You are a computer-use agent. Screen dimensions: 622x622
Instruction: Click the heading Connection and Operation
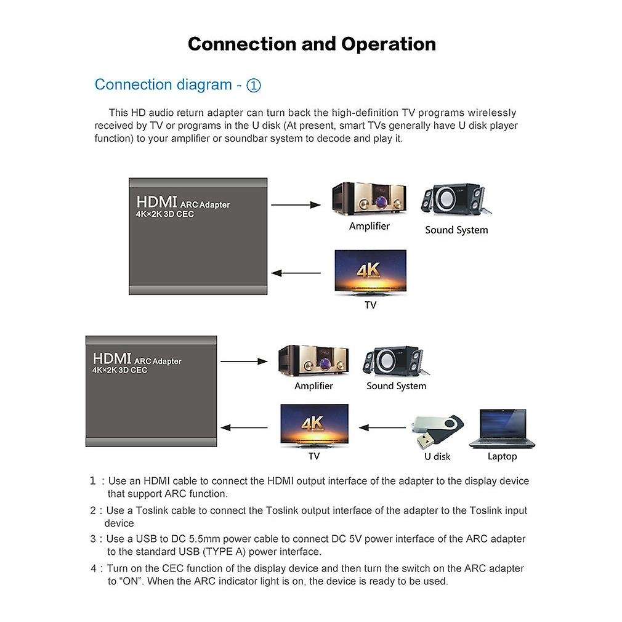click(312, 44)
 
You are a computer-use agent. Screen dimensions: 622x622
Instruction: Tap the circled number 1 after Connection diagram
click(254, 86)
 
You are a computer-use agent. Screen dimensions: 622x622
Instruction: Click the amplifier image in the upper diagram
click(369, 198)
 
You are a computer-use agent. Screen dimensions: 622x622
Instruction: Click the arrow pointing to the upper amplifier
click(296, 205)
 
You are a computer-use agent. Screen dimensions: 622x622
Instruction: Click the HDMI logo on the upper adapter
click(156, 202)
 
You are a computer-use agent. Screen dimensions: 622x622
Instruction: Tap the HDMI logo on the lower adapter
click(113, 358)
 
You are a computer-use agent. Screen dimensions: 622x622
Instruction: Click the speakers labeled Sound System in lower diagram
click(393, 361)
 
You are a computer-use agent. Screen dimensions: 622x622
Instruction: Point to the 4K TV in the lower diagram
click(314, 426)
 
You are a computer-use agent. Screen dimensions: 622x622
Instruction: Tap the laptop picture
click(502, 428)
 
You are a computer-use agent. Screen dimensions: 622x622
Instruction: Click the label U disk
click(437, 456)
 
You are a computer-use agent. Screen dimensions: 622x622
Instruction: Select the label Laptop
click(502, 456)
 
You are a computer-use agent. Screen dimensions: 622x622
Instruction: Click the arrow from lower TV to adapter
click(244, 427)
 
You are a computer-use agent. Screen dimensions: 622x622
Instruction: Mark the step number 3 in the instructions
click(93, 539)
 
